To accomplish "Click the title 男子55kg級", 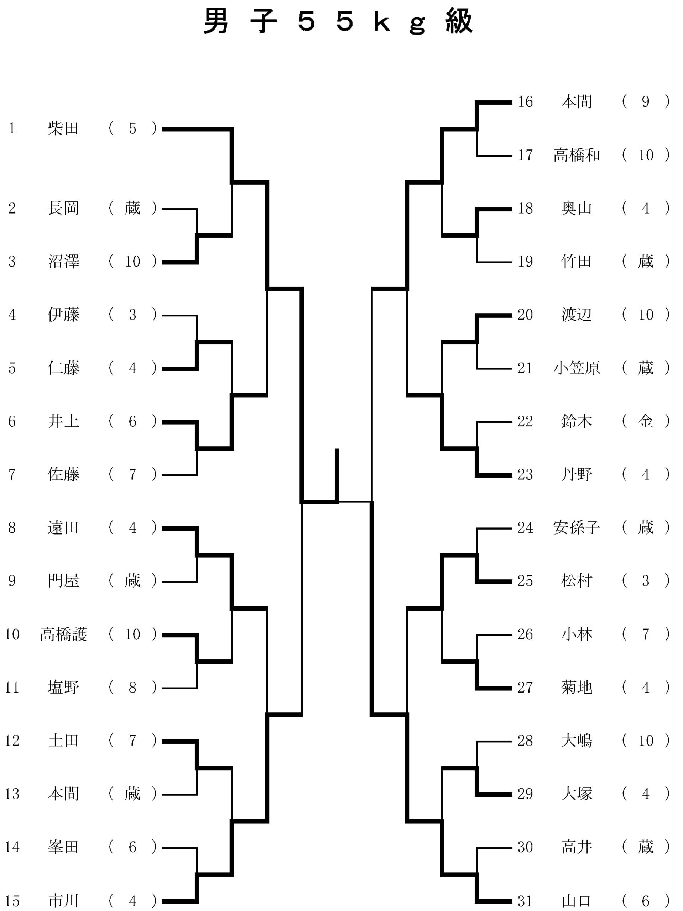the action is point(338,21).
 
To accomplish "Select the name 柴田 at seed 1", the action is point(63,128).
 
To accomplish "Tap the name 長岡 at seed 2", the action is point(63,209).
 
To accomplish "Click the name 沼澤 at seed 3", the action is point(63,262).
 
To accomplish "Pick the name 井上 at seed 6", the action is point(63,421).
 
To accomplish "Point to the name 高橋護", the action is point(63,634).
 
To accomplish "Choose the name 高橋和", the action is point(576,155).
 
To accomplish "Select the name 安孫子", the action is point(576,528).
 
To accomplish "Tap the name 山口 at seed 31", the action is point(576,901).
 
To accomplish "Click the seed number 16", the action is point(525,102).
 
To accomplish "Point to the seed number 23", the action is point(525,474).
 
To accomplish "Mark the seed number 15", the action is point(12,901).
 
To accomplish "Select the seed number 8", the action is point(12,528).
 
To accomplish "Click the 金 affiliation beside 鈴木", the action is point(646,421).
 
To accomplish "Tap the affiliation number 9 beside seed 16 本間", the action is point(646,102).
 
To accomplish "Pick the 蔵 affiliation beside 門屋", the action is point(132,581).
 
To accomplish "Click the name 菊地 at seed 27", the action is point(576,688).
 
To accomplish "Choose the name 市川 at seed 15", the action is point(63,901).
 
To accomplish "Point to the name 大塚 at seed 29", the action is point(576,794).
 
